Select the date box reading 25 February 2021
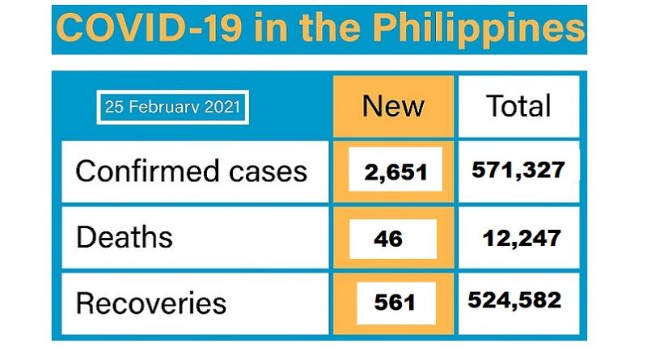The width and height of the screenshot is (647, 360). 172,108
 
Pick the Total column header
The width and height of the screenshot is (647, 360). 518,106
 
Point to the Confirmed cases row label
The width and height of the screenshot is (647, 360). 191,172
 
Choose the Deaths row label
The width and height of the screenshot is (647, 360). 124,237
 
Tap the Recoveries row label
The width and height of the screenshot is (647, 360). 150,303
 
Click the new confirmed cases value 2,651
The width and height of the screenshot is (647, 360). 394,172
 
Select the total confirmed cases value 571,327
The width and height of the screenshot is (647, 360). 518,170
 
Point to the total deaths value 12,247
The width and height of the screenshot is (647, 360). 521,236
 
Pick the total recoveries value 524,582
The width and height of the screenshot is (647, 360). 515,300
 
